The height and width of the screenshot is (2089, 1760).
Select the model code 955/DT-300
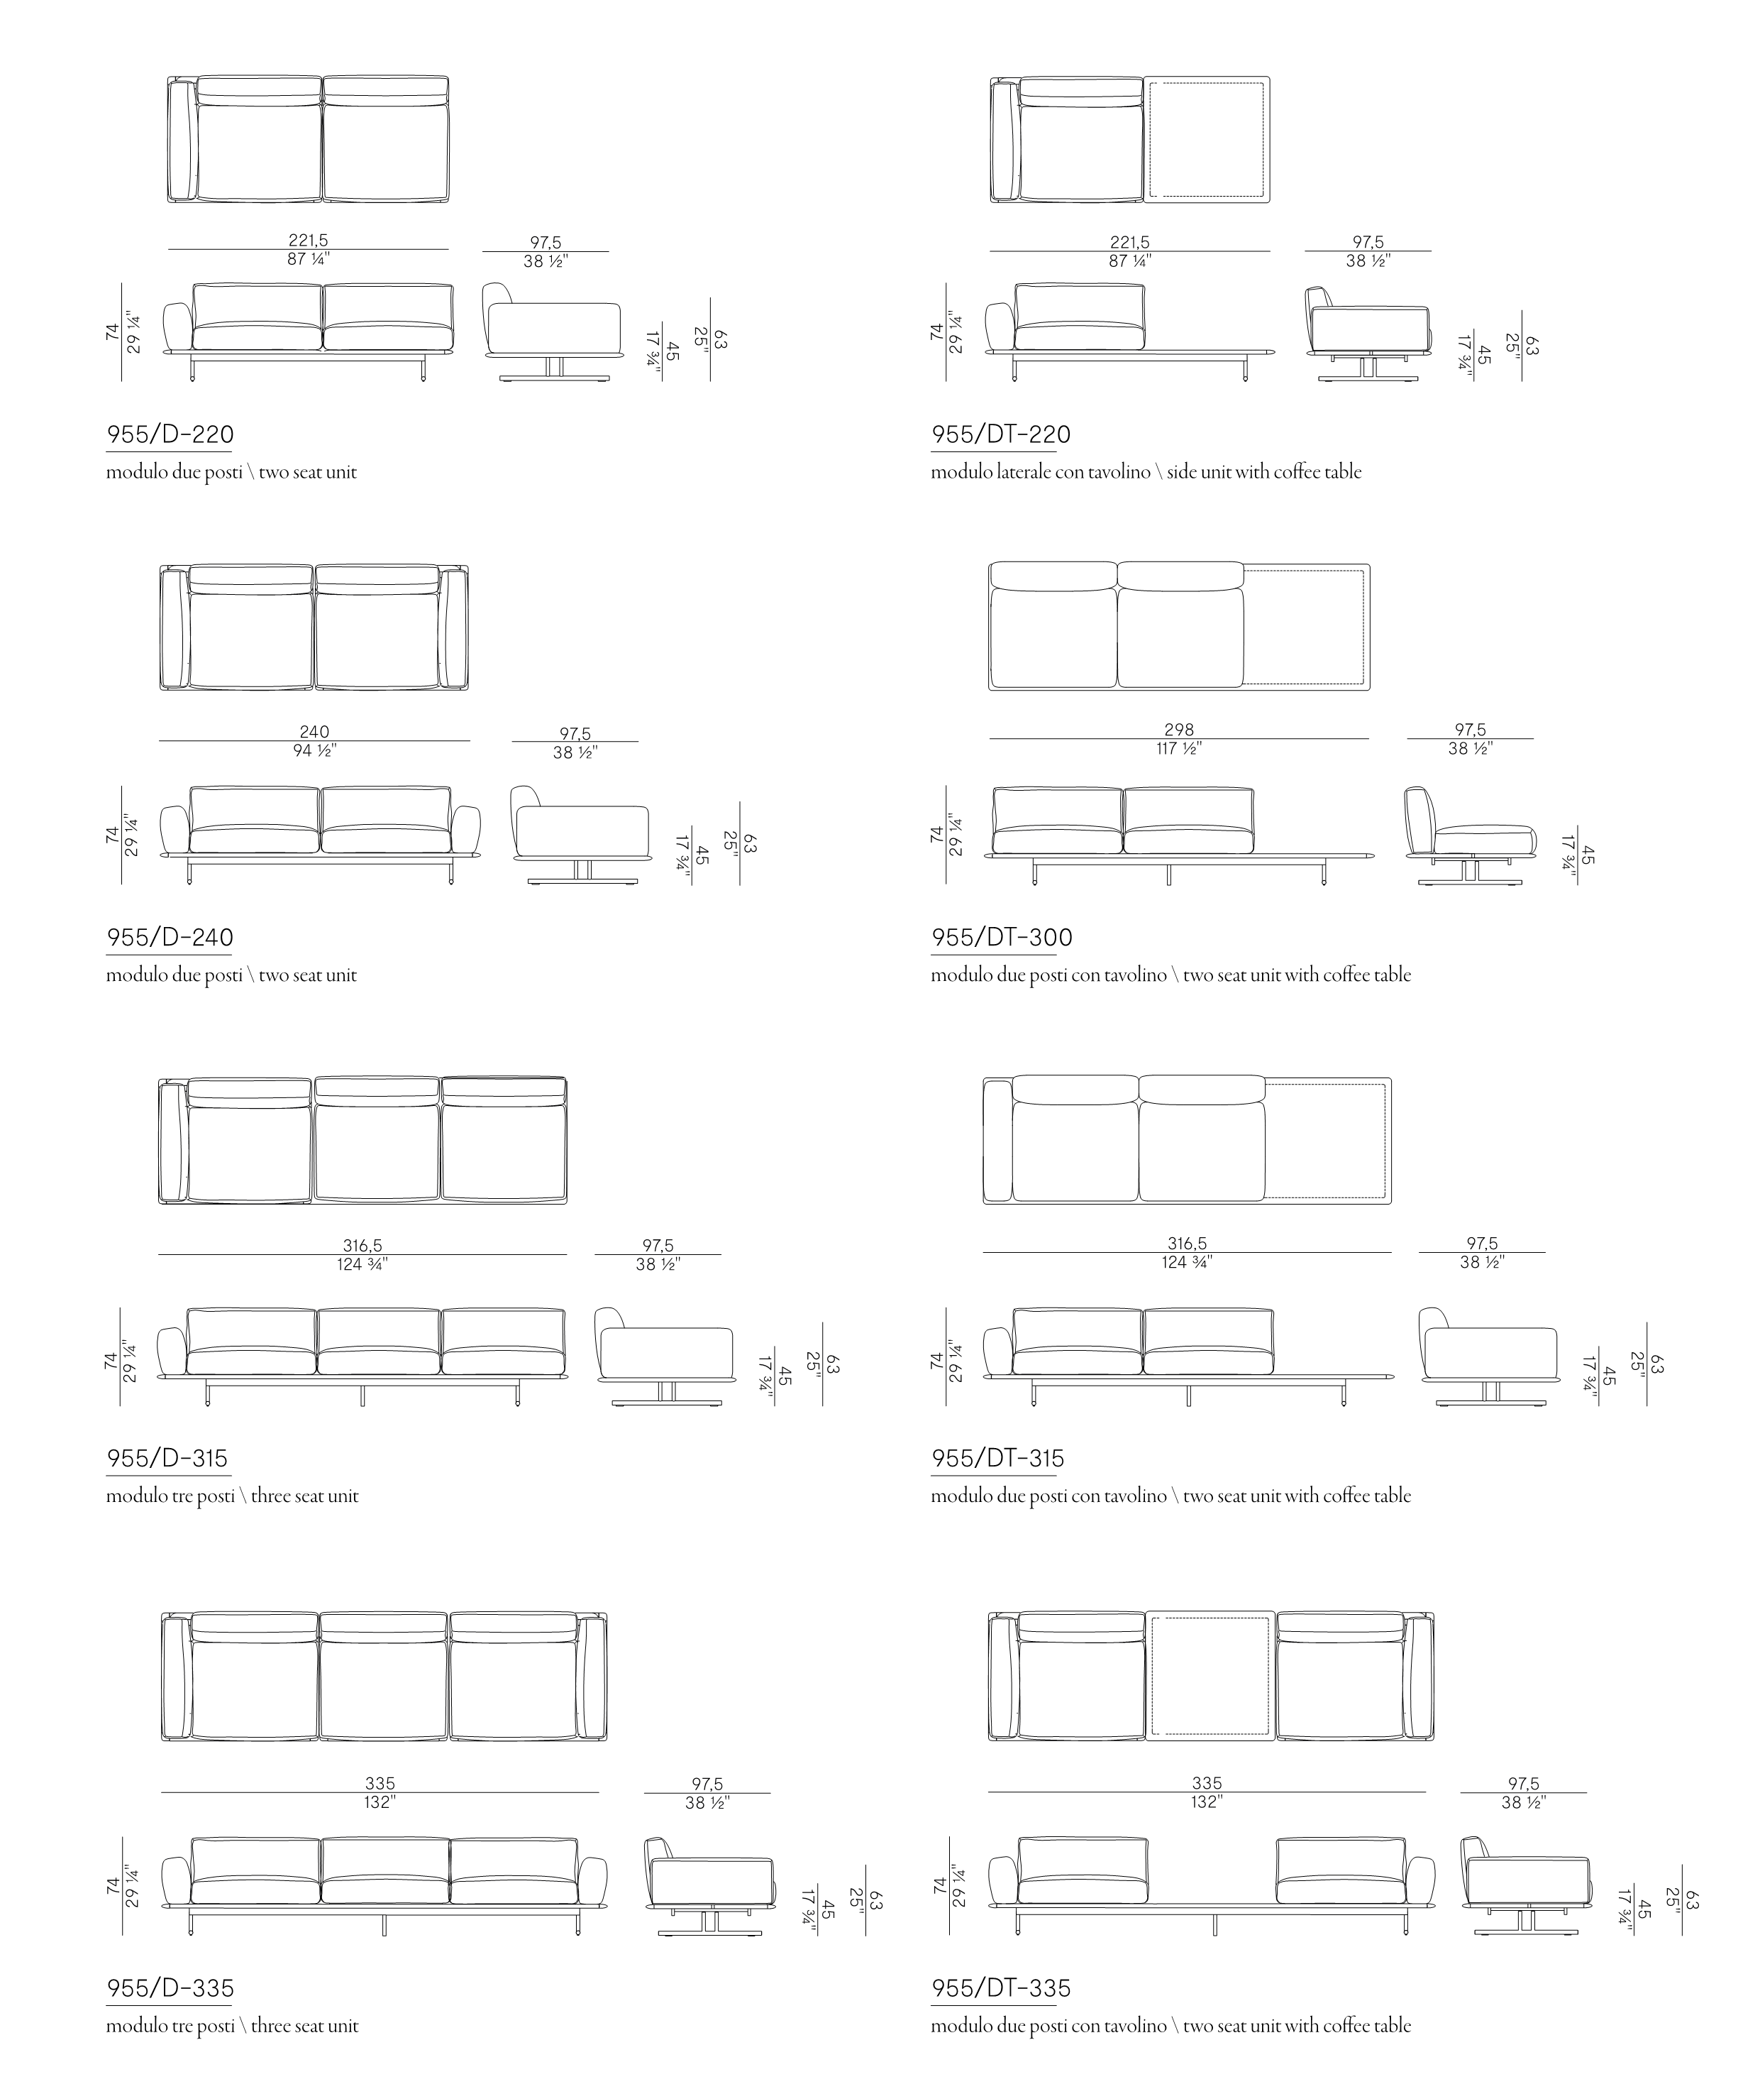tap(1002, 937)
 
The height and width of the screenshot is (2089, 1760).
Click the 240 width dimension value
tap(314, 732)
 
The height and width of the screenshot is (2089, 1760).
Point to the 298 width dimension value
tap(1178, 730)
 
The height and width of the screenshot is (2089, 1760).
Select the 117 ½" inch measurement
tap(1178, 747)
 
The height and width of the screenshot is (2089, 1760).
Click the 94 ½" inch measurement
tap(314, 750)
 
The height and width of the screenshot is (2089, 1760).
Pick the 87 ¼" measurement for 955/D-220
tap(309, 258)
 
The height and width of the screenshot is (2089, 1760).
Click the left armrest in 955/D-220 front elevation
tap(177, 329)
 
